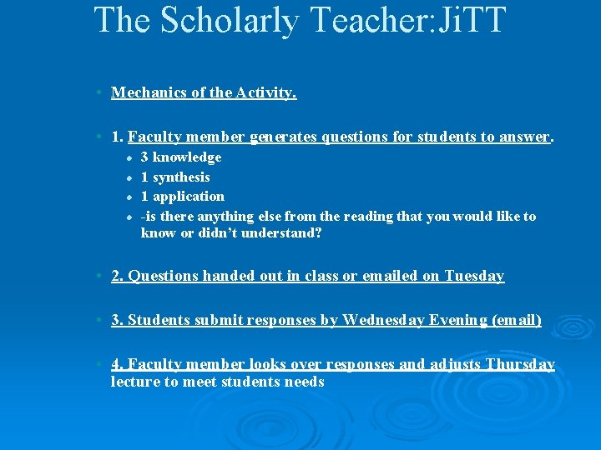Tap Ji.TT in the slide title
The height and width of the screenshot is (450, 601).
(x=463, y=19)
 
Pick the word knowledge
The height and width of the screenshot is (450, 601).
(x=187, y=157)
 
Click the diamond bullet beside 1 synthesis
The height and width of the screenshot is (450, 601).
(x=129, y=177)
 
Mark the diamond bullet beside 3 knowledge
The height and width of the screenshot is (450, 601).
(x=129, y=157)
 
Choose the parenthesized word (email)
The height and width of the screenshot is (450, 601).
(x=518, y=320)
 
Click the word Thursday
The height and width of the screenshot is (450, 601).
(x=520, y=364)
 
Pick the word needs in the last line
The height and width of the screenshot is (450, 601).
(x=304, y=382)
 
